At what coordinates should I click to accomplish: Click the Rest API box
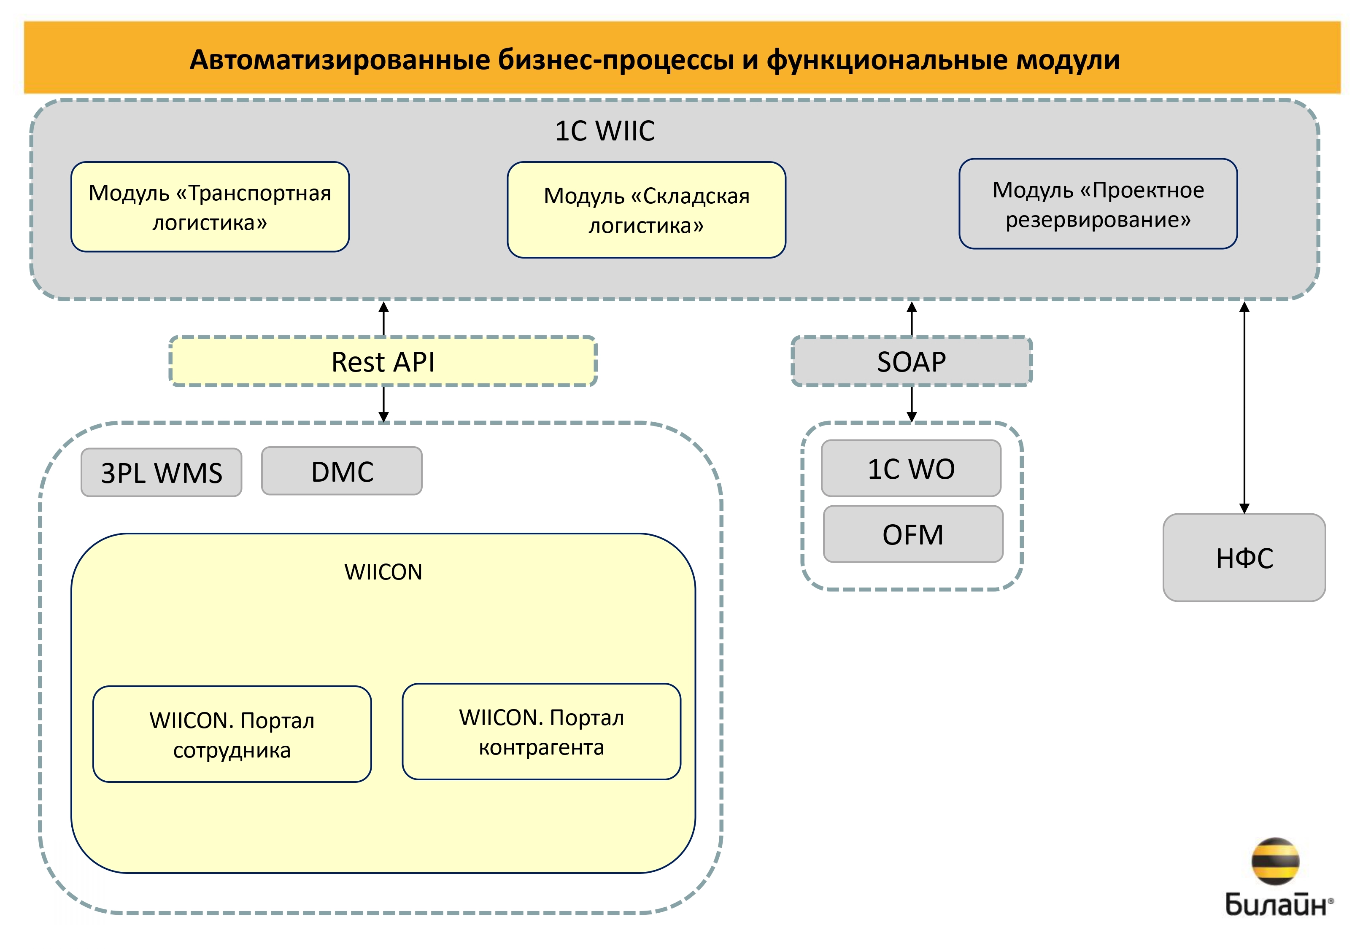coord(383,361)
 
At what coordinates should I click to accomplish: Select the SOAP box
coord(912,361)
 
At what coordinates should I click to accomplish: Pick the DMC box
coord(342,472)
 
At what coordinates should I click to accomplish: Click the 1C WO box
coord(911,469)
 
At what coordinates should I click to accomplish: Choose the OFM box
coord(912,534)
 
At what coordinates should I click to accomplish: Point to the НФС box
coord(1244,558)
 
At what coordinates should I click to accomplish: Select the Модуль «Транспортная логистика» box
coord(210,207)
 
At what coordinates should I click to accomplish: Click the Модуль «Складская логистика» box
coord(646,210)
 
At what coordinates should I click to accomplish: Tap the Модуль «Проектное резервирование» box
coord(1098,204)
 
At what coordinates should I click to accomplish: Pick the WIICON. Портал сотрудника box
coord(232,734)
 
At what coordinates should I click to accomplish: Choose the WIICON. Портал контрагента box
coord(541,732)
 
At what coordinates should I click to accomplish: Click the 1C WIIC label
coord(605,131)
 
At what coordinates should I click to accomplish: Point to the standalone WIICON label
coord(383,572)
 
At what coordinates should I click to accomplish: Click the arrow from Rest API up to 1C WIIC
coord(384,319)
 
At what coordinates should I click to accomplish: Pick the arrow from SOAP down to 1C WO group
coord(912,404)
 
